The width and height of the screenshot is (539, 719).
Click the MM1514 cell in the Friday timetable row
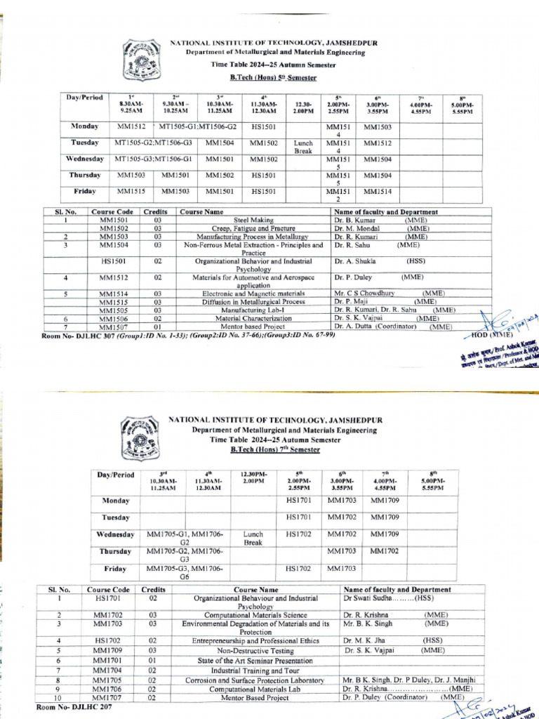tap(378, 191)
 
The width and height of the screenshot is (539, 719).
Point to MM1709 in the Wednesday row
tap(385, 534)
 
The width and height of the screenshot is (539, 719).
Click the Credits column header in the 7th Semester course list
tap(154, 590)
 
